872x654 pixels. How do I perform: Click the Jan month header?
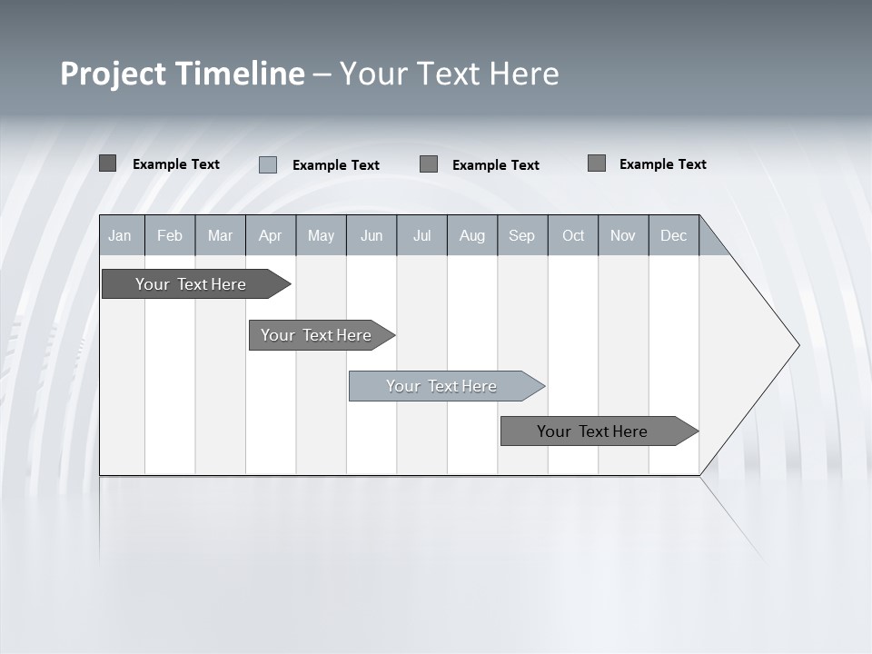pos(121,235)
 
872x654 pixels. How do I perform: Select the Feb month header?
pos(170,235)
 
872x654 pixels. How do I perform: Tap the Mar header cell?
pos(220,235)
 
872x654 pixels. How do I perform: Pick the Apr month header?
pos(271,235)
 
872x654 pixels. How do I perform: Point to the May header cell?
pos(321,235)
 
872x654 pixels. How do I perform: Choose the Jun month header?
pos(372,235)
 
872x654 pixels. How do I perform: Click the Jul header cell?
pos(421,235)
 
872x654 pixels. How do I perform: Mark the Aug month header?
pos(472,235)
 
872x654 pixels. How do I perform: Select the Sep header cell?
pos(522,235)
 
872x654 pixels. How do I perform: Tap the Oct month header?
pos(573,235)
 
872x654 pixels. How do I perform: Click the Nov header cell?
pos(623,235)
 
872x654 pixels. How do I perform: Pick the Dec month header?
pos(674,235)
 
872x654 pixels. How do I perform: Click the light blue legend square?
pos(268,164)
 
